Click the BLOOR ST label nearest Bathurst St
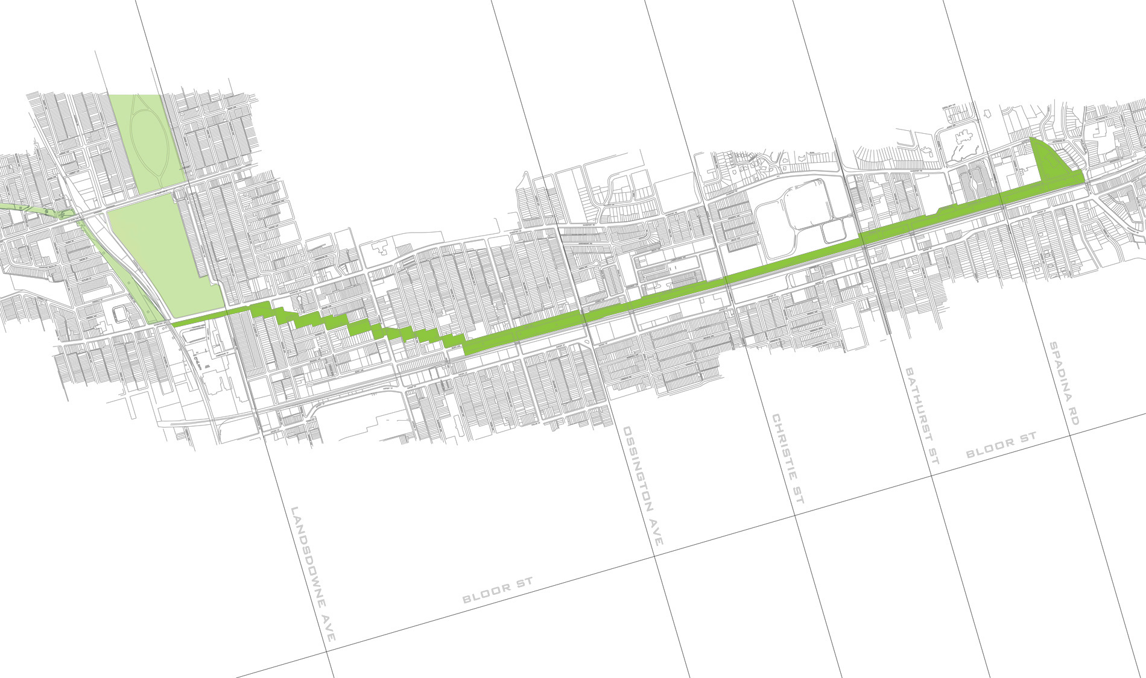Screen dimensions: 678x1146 click(x=1001, y=445)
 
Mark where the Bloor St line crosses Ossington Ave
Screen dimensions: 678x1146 click(x=655, y=557)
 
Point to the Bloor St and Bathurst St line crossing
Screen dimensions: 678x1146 click(x=932, y=476)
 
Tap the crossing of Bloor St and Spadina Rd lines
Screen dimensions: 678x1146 click(x=1071, y=435)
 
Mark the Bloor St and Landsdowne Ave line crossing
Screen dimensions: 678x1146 click(x=326, y=651)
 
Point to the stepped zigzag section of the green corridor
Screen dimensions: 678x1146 click(x=356, y=326)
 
